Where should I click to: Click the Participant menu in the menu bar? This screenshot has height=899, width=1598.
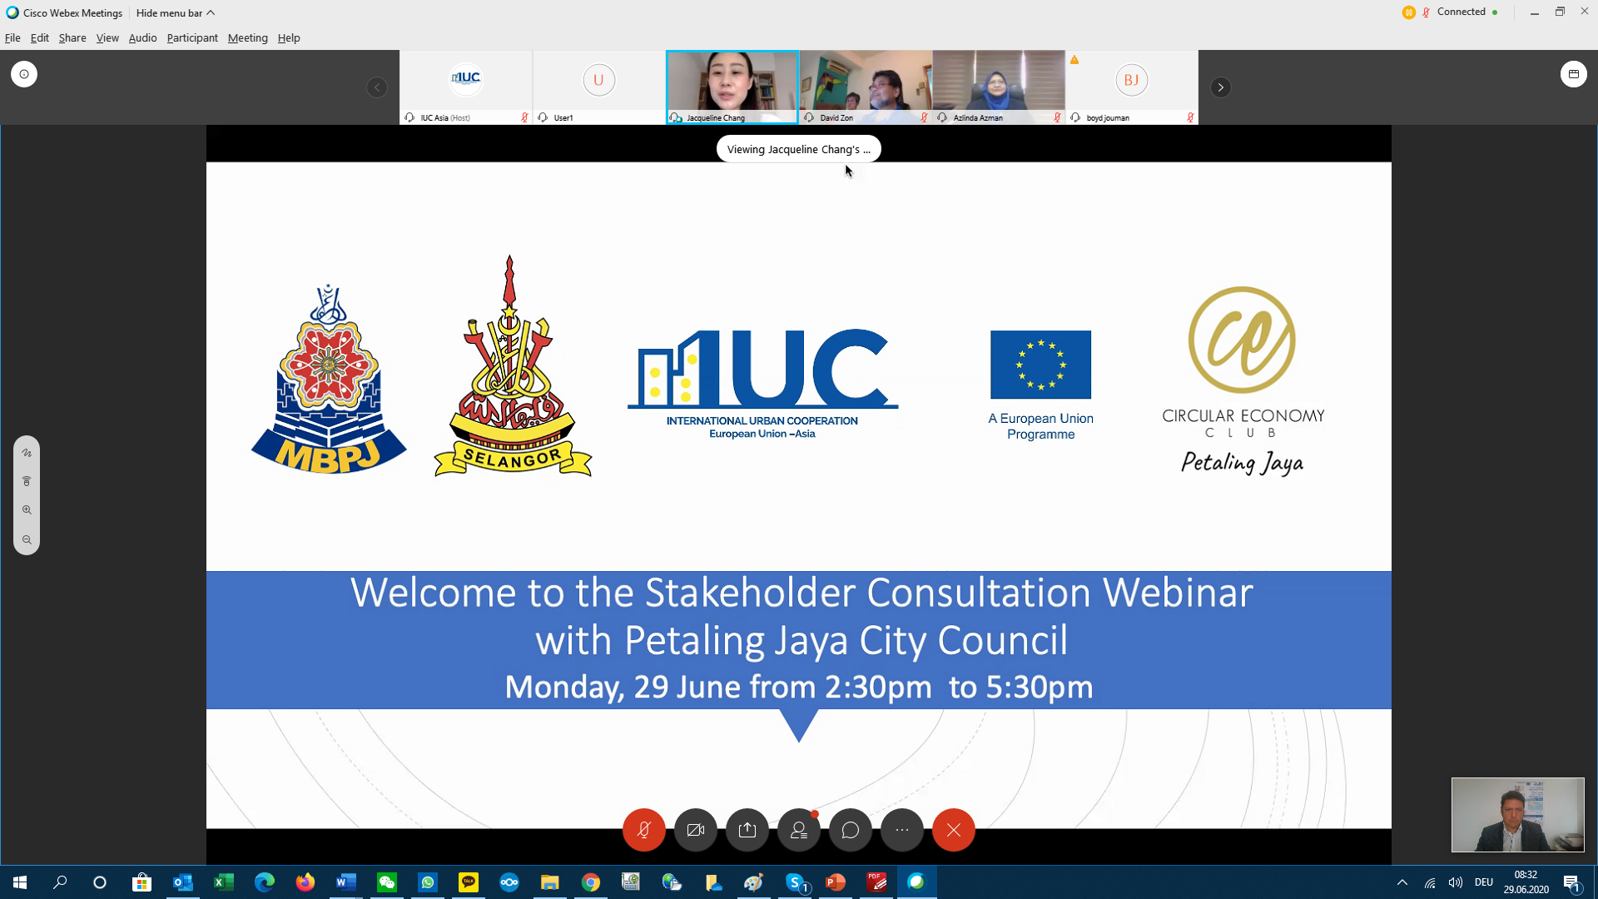(x=192, y=37)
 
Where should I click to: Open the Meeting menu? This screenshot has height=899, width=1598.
(x=248, y=37)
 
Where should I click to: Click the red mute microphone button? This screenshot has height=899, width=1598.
(x=644, y=830)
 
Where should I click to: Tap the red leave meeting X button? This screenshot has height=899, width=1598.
(x=954, y=830)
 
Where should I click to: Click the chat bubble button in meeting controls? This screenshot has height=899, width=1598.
(x=851, y=830)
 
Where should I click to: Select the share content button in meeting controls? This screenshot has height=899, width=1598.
(x=747, y=830)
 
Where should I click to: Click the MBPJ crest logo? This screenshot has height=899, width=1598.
(x=329, y=380)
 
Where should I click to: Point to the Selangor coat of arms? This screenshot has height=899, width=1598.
(x=513, y=366)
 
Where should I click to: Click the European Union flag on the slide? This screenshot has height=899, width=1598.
(x=1040, y=365)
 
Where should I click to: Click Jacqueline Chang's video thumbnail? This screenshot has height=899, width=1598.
(x=732, y=87)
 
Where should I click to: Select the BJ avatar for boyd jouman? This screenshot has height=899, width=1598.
(x=1131, y=80)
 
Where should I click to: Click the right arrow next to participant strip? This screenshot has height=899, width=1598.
(x=1221, y=87)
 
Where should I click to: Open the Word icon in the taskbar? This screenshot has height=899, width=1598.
(x=346, y=882)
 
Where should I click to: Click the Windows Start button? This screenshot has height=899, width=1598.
(x=20, y=882)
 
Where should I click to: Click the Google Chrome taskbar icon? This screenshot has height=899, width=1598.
(x=591, y=882)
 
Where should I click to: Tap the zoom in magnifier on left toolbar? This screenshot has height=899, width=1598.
(x=27, y=510)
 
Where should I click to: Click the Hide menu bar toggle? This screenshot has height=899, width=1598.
(x=176, y=12)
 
